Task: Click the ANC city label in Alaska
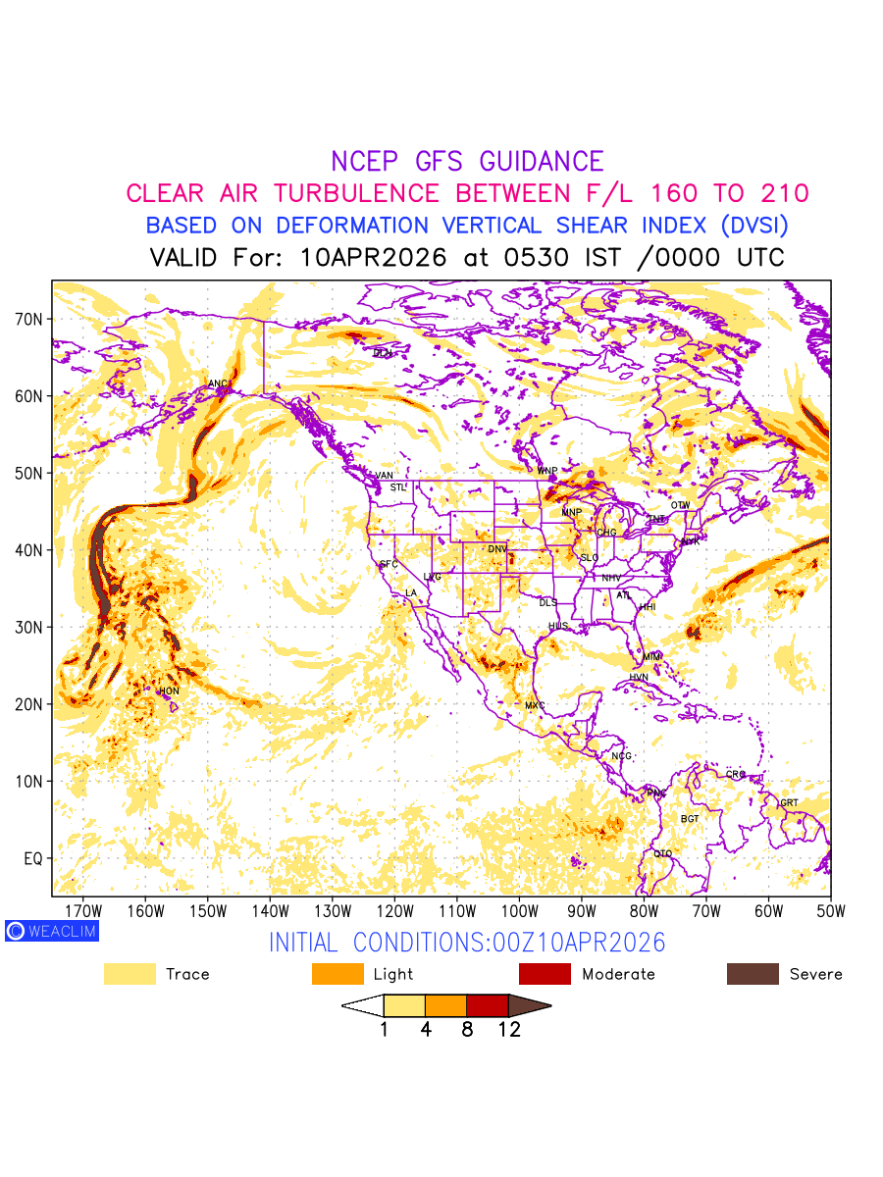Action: (x=219, y=384)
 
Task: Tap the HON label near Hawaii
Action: (x=169, y=691)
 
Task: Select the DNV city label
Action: (x=497, y=549)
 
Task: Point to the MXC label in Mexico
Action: (x=535, y=705)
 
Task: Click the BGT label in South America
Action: (x=690, y=818)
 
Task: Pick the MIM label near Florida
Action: (x=652, y=656)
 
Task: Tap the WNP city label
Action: (x=547, y=471)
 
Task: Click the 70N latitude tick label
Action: (x=28, y=319)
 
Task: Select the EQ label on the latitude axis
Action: (x=32, y=859)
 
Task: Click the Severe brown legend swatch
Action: (x=753, y=974)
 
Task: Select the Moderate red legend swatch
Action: (x=545, y=974)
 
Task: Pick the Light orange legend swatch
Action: (x=337, y=974)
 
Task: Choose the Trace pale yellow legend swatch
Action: (x=130, y=974)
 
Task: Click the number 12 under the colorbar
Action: (x=508, y=1030)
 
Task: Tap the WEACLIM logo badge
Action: (x=52, y=931)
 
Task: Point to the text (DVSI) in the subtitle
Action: (x=753, y=226)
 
